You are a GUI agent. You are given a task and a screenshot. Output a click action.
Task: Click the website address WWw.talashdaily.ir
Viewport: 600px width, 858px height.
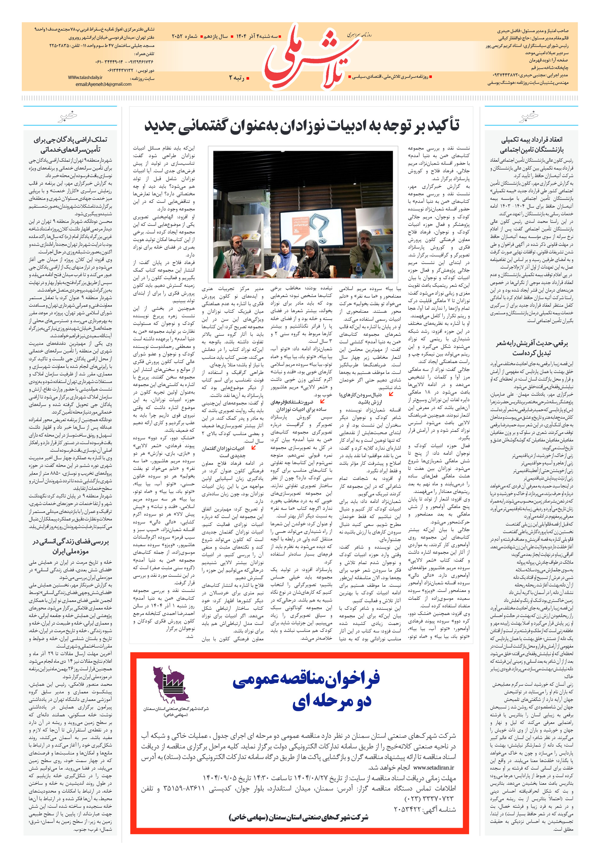[x=85, y=78]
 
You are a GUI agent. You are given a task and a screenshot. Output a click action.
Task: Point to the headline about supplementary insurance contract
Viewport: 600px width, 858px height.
[x=531, y=145]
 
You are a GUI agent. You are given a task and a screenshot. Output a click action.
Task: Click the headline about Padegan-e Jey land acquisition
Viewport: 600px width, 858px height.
[x=70, y=145]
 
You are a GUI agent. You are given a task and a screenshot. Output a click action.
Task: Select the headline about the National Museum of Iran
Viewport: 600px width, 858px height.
[x=70, y=546]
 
